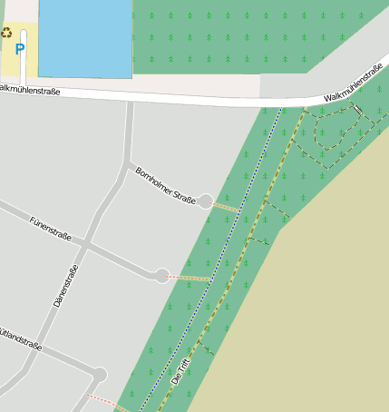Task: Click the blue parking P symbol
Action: [20, 49]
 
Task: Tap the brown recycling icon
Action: [7, 33]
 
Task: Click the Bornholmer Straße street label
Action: [165, 185]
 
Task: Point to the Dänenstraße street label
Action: [66, 285]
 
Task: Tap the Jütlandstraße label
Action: [20, 341]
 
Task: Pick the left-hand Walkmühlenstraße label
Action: [31, 90]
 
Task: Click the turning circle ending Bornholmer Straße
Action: [207, 201]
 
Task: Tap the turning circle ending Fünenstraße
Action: [162, 275]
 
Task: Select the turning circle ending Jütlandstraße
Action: [100, 375]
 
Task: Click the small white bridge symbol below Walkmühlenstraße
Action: [357, 110]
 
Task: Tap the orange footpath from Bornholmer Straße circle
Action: [226, 207]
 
